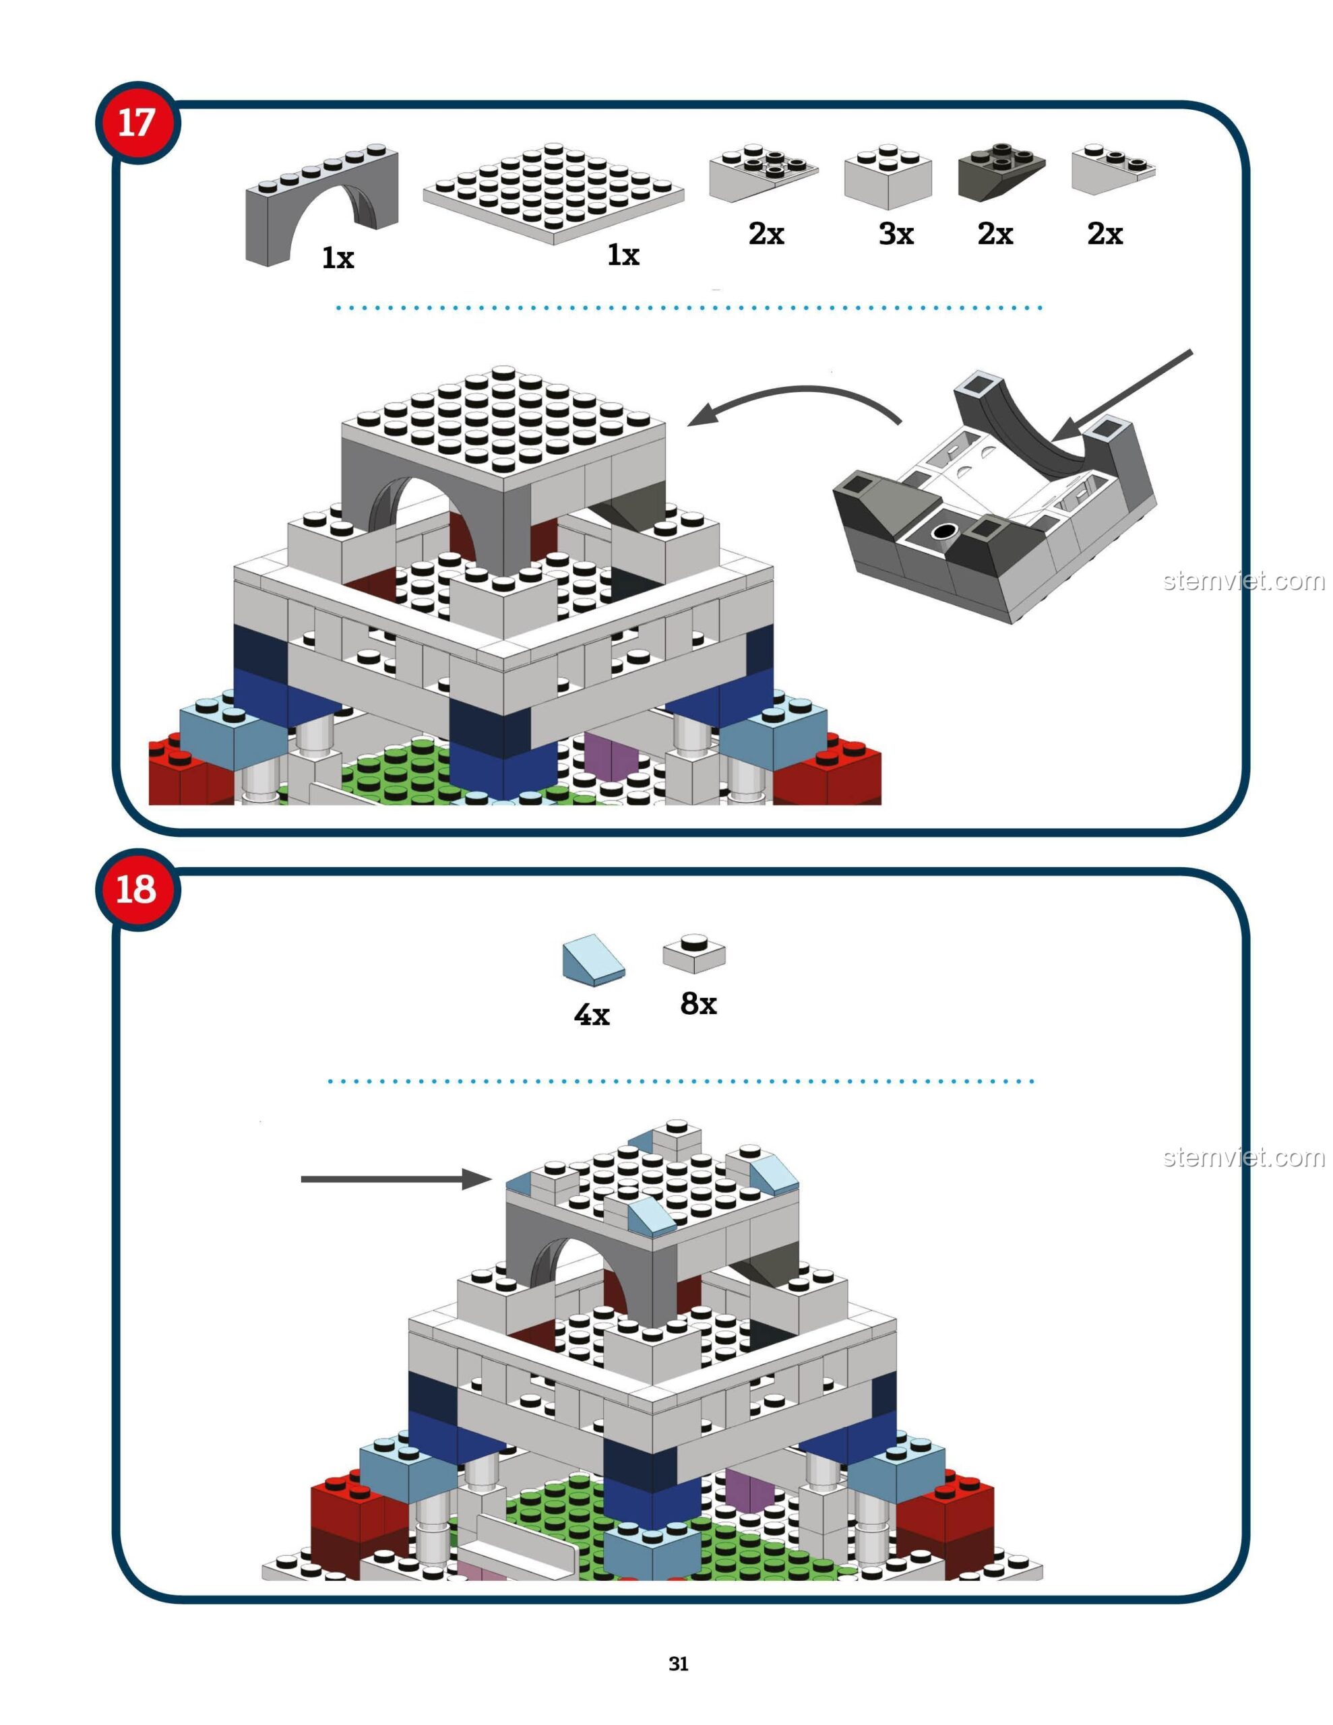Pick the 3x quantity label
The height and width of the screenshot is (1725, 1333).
click(x=896, y=234)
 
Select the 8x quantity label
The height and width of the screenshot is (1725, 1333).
click(x=698, y=1004)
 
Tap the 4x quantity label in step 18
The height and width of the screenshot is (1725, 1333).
click(x=592, y=1014)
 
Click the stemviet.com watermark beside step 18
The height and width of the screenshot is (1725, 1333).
click(x=1243, y=1158)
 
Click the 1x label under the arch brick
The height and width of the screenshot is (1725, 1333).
click(x=338, y=257)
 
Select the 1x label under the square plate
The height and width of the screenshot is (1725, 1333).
click(x=623, y=254)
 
